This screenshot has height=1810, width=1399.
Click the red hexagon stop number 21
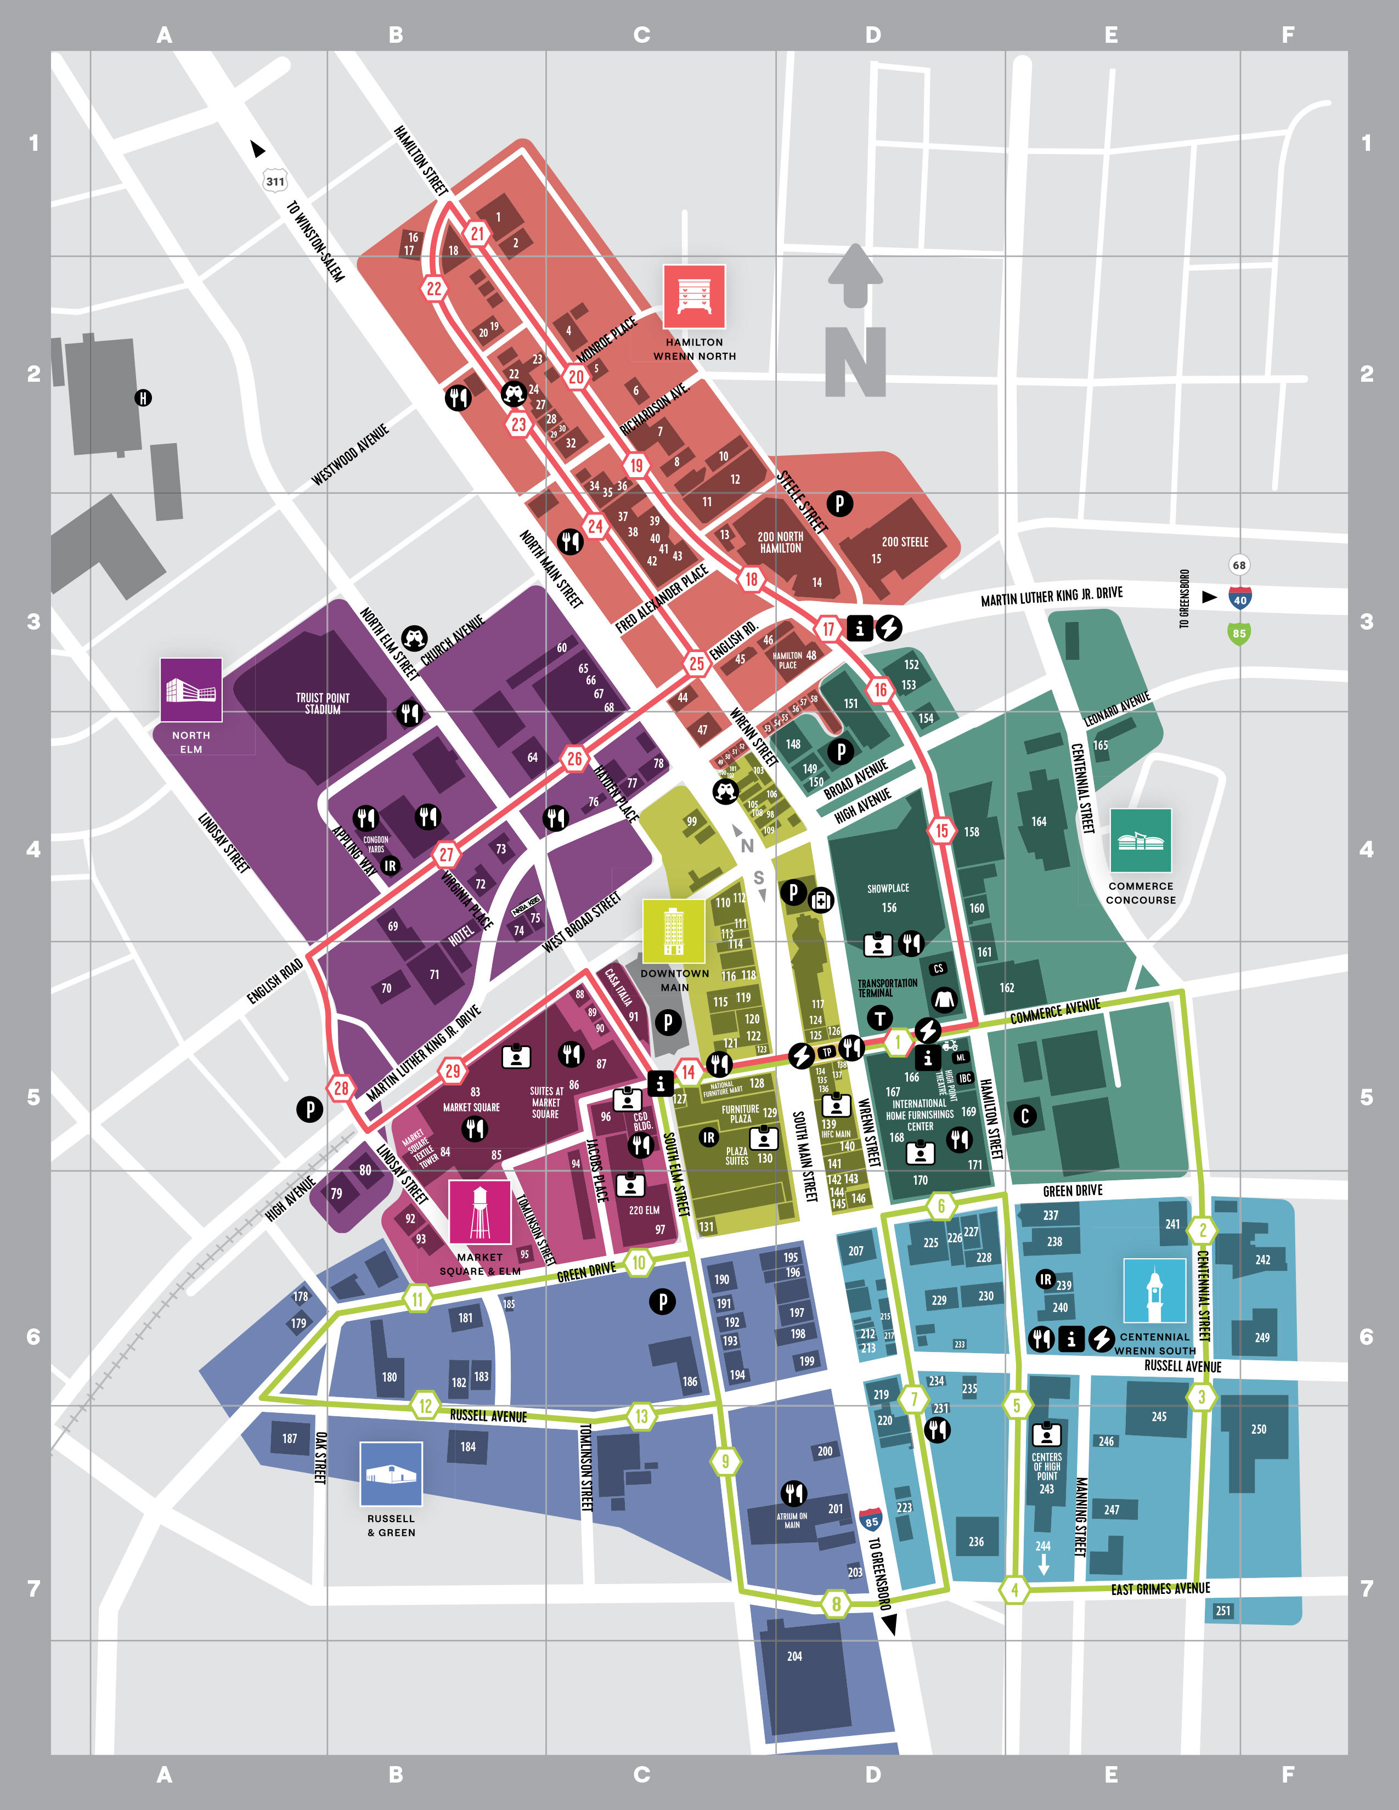(x=477, y=234)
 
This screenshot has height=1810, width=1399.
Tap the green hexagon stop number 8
(x=836, y=1604)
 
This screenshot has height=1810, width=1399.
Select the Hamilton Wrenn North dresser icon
(x=693, y=297)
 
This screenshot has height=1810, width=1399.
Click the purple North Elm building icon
(x=190, y=689)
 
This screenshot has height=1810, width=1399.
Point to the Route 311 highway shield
(x=275, y=182)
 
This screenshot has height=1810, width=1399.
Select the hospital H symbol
(x=143, y=398)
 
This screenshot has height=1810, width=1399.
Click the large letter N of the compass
(x=855, y=361)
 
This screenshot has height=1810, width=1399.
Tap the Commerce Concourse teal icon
(x=1141, y=840)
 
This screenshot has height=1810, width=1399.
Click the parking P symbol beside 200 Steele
(x=839, y=502)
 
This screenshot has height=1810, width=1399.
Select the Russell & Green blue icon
(x=391, y=1474)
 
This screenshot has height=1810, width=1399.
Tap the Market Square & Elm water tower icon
(x=480, y=1212)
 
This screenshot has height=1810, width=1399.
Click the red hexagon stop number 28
(x=341, y=1088)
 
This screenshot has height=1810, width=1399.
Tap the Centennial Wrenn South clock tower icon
(x=1154, y=1291)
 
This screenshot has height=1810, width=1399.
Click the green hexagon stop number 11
(x=418, y=1299)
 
